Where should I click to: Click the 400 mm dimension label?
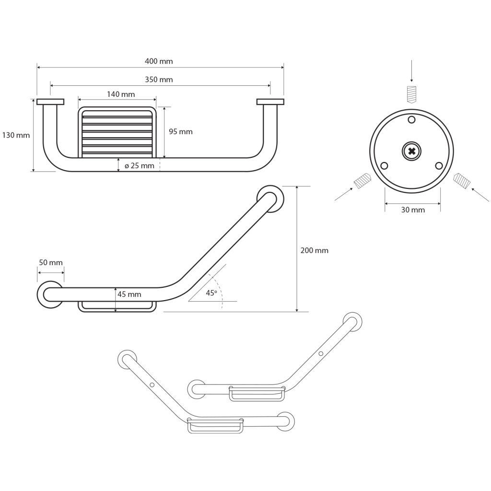pos(159,61)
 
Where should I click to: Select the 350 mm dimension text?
pos(159,80)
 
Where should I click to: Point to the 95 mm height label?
pos(181,132)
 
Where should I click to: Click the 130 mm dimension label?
pos(16,135)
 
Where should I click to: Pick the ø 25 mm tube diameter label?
pos(139,166)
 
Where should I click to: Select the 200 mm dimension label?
pos(314,250)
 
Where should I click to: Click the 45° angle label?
pos(211,293)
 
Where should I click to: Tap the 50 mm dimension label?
pos(50,263)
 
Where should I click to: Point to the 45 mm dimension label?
pos(129,294)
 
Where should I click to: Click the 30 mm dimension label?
pos(413,210)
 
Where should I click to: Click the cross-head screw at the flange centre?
pos(411,152)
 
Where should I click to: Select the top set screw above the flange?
pos(411,94)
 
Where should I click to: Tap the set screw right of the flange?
pos(462,181)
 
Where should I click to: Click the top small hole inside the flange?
pos(411,120)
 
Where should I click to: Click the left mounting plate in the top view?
pos(50,101)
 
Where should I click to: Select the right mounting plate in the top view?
pos(270,101)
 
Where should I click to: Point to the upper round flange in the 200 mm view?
pos(269,198)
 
